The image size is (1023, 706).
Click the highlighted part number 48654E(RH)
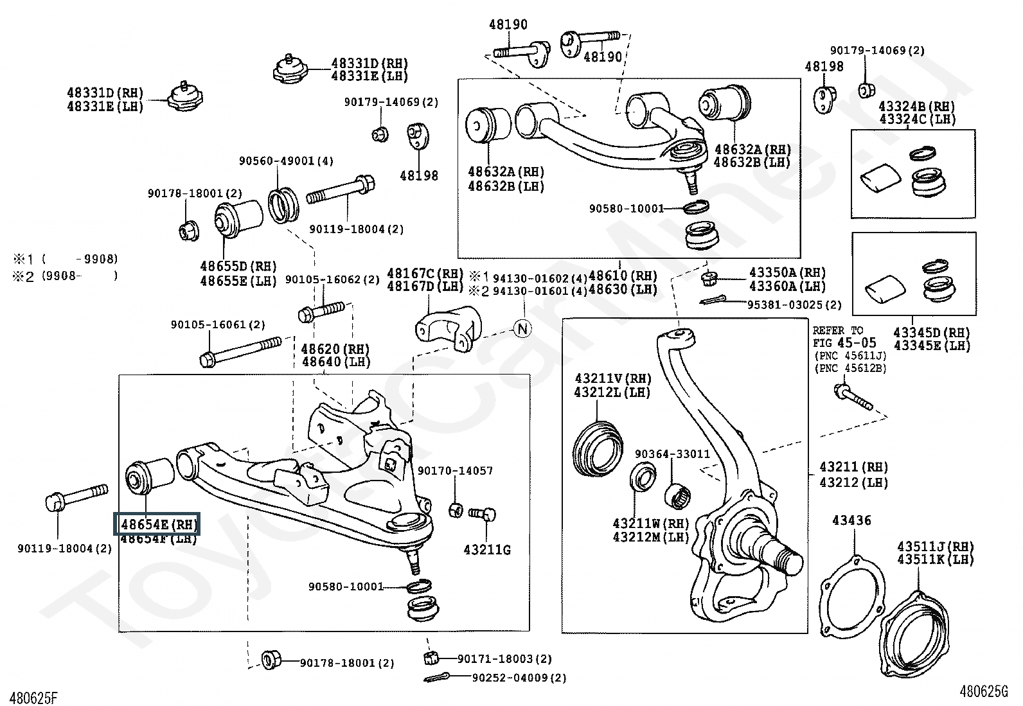click(x=157, y=524)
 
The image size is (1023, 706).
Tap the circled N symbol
click(x=523, y=328)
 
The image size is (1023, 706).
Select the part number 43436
click(x=851, y=520)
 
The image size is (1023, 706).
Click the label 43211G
click(x=487, y=550)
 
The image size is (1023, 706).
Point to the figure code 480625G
click(x=984, y=691)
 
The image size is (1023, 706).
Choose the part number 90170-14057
click(x=455, y=471)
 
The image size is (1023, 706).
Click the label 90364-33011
click(x=672, y=454)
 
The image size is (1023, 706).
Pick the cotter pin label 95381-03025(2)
click(x=794, y=304)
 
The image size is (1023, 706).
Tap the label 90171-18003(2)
click(x=504, y=658)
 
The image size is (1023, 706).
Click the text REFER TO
click(x=838, y=330)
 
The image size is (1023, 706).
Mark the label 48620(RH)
click(x=335, y=349)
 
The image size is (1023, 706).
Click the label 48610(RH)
click(x=623, y=276)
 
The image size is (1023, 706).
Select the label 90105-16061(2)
click(x=218, y=325)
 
